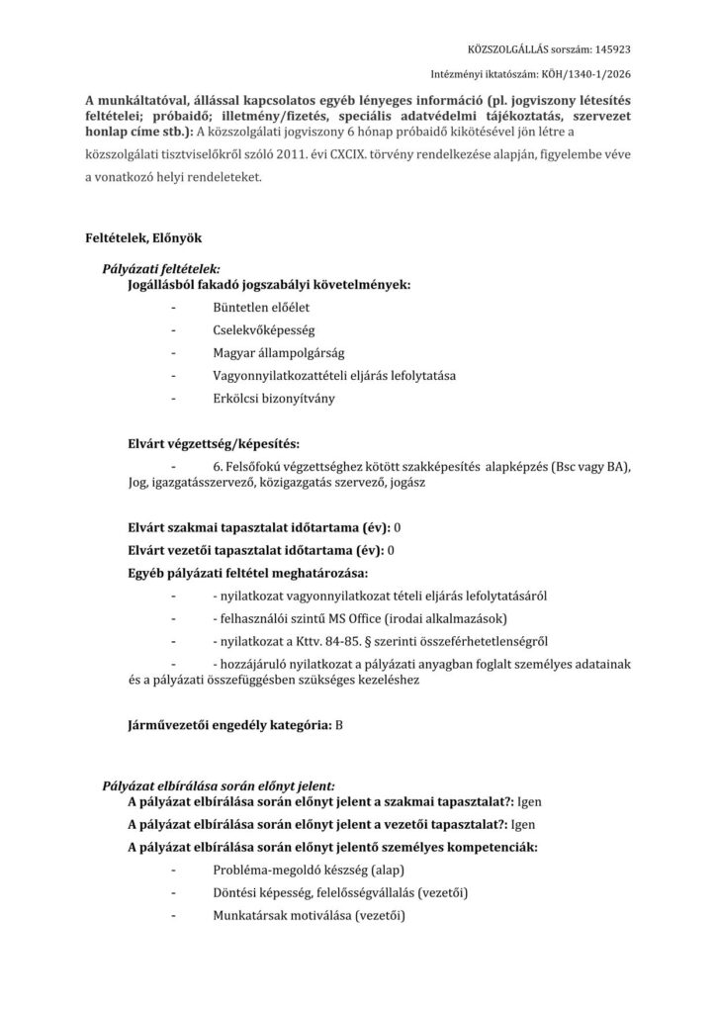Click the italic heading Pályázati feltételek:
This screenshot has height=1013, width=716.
click(x=162, y=269)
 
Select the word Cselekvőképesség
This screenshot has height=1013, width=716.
click(x=264, y=329)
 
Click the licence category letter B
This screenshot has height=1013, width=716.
click(x=339, y=725)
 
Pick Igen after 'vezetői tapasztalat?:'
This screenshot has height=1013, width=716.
click(x=526, y=824)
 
